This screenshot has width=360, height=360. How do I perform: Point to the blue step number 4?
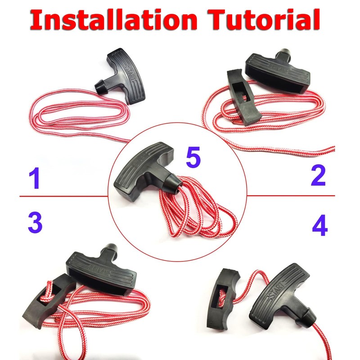tap(319, 226)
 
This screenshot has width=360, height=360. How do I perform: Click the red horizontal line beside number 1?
tap(63, 197)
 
